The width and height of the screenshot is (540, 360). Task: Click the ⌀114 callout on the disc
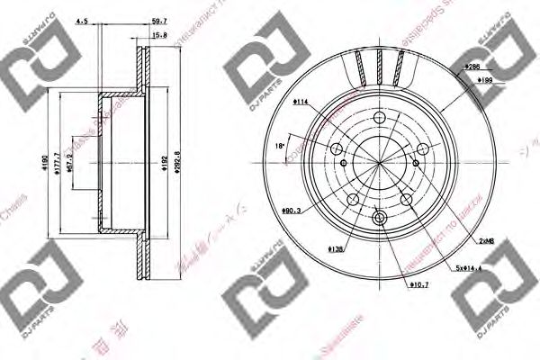pos(300,102)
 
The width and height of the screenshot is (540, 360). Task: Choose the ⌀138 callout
pos(311,247)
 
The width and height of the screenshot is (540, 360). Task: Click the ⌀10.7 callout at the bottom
pos(418,285)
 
